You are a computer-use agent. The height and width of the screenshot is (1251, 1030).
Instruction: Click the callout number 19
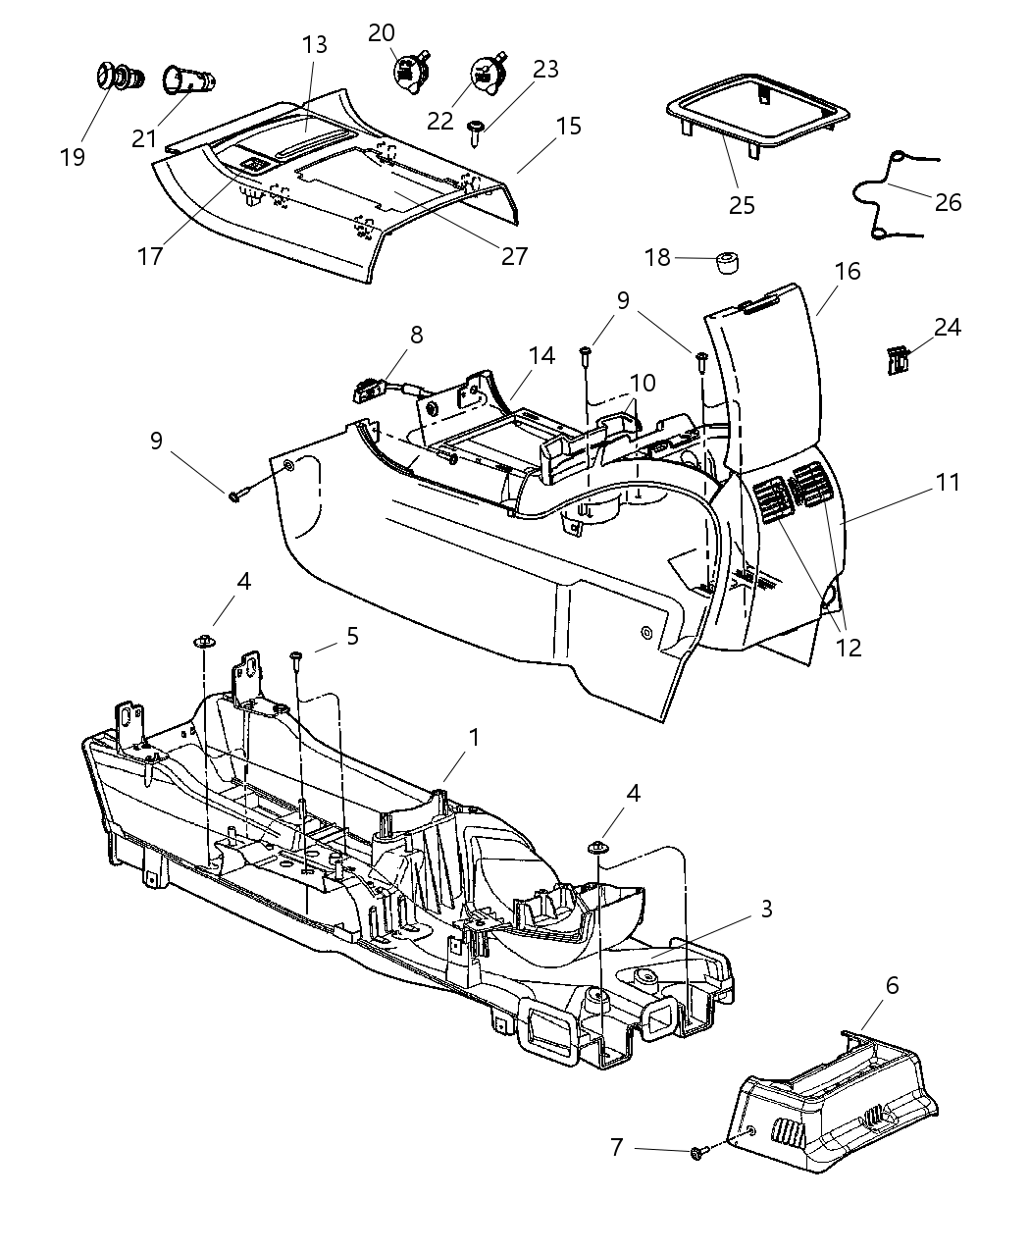[73, 157]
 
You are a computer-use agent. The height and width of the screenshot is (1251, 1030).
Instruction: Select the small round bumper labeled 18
[726, 263]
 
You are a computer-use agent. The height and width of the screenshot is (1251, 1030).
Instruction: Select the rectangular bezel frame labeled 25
[755, 110]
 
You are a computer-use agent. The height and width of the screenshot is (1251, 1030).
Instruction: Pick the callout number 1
[474, 737]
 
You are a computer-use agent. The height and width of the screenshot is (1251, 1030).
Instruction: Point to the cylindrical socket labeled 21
[186, 80]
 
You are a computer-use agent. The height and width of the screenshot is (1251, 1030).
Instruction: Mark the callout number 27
[514, 256]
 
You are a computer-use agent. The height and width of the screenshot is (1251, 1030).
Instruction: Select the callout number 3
[766, 910]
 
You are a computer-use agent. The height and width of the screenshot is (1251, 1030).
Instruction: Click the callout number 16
[848, 272]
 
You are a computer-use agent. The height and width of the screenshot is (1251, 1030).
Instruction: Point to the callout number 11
[948, 483]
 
